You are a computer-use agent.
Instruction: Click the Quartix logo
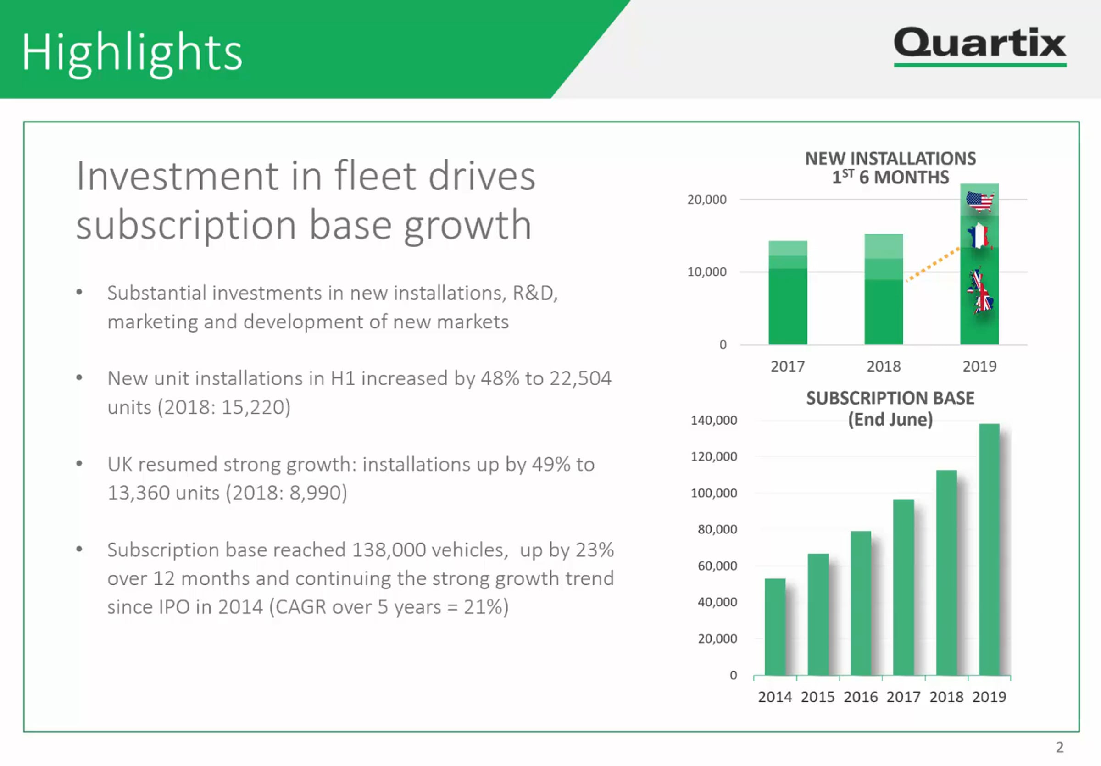(x=980, y=46)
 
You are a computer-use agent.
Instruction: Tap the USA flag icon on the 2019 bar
(x=980, y=201)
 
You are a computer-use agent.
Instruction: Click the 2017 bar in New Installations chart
(x=788, y=292)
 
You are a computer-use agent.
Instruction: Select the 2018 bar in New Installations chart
(x=884, y=289)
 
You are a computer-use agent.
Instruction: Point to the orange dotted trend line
(x=933, y=265)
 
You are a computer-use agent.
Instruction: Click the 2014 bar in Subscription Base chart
(x=775, y=627)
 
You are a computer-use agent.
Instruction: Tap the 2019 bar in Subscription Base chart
(x=989, y=550)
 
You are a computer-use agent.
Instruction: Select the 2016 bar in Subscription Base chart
(x=861, y=603)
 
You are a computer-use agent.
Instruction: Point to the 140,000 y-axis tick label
(x=714, y=421)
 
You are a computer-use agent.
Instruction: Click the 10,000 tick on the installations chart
(x=707, y=272)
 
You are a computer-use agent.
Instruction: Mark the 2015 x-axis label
(x=817, y=697)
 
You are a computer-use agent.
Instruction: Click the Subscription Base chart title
(x=890, y=408)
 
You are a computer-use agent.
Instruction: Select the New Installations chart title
(x=890, y=168)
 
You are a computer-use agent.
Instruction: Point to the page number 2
(x=1060, y=747)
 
